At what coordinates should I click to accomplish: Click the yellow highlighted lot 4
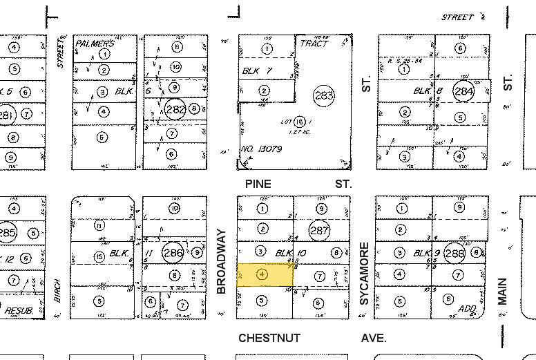(265, 274)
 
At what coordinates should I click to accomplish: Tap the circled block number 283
(323, 96)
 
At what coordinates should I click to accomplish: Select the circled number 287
(319, 231)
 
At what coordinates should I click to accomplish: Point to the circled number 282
(175, 108)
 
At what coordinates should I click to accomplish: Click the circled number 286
(173, 253)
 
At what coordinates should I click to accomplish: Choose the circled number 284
(463, 91)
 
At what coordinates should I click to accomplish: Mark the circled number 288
(454, 253)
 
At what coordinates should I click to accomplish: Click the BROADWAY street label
(221, 263)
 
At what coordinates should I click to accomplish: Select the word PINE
(258, 184)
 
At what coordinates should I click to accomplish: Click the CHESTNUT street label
(269, 338)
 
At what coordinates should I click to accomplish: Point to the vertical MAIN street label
(503, 291)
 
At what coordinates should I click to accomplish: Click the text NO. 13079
(259, 148)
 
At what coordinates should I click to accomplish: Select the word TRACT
(315, 43)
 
